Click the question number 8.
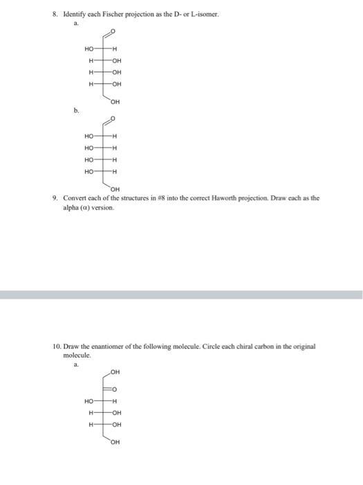tap(57, 14)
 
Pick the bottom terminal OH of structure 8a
tap(115, 103)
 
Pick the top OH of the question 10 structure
tap(115, 371)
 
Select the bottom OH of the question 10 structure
tap(115, 442)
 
